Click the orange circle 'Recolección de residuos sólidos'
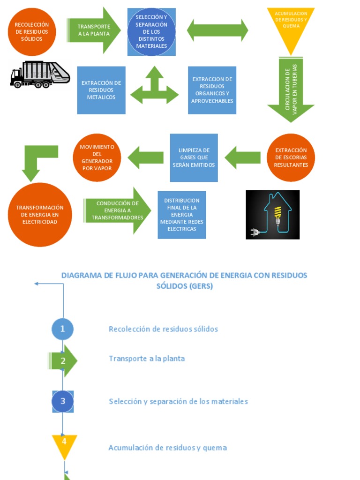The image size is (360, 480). tap(32, 32)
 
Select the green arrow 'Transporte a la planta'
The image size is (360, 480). tap(94, 30)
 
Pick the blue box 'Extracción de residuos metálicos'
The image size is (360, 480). tap(101, 90)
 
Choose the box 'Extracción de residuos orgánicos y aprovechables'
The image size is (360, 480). tap(212, 90)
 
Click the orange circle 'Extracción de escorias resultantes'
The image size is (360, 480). tap(291, 157)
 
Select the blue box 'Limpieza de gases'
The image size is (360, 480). tap(194, 157)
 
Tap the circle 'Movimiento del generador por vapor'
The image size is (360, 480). tap(97, 157)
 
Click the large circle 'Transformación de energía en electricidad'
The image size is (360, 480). tap(40, 215)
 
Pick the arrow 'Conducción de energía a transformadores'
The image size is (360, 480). tap(117, 210)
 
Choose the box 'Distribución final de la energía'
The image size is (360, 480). tap(182, 215)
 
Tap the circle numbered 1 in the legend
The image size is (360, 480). tap(62, 329)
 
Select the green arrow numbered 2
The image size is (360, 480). tap(63, 360)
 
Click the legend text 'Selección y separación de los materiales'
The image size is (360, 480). tap(178, 401)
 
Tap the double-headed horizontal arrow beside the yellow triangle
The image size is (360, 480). tap(217, 30)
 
